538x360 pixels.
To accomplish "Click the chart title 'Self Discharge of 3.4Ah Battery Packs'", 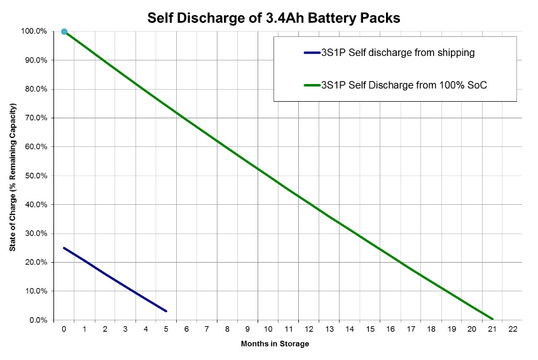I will pos(273,17).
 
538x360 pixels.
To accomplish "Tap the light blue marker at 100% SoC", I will pos(64,31).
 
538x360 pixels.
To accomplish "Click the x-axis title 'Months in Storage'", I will pos(275,344).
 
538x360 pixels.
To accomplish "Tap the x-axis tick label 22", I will pos(513,329).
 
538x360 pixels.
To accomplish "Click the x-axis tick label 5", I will pos(166,329).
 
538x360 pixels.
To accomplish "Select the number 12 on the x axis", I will pos(308,329).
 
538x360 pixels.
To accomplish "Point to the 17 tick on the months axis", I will pos(411,329).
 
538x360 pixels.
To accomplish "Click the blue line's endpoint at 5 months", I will pos(166,311).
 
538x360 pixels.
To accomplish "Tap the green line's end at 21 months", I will pos(492,319).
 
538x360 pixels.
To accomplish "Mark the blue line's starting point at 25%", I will pos(64,248).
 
